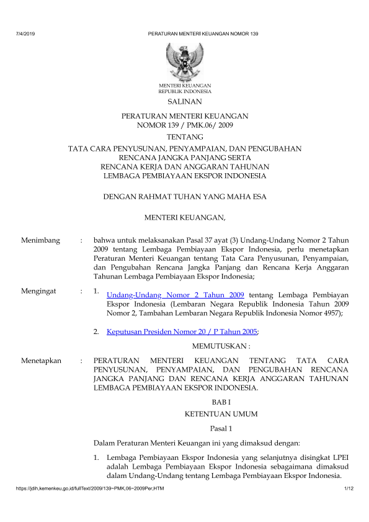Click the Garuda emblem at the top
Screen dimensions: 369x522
tap(185, 60)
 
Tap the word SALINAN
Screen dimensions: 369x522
tap(184, 101)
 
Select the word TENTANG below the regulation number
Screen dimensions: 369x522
tap(184, 136)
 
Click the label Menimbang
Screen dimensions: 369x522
tap(40, 239)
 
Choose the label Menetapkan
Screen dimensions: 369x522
tap(41, 360)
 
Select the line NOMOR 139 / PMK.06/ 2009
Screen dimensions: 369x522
tap(184, 125)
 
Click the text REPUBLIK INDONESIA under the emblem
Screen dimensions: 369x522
tap(185, 91)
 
